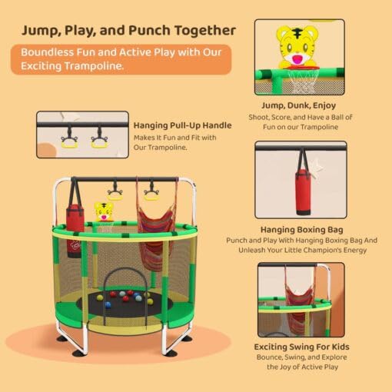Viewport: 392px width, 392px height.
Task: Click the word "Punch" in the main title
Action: pos(151,30)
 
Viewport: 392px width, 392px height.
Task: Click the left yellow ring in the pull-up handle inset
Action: pos(69,140)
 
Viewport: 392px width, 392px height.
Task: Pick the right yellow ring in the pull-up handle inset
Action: pos(99,140)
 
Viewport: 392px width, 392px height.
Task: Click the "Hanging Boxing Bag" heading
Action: pos(301,229)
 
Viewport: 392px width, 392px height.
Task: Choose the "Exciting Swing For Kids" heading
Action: pos(301,347)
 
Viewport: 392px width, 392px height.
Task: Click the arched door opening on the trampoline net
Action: pos(123,284)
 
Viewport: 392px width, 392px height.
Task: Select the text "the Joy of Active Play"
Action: pos(301,367)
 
